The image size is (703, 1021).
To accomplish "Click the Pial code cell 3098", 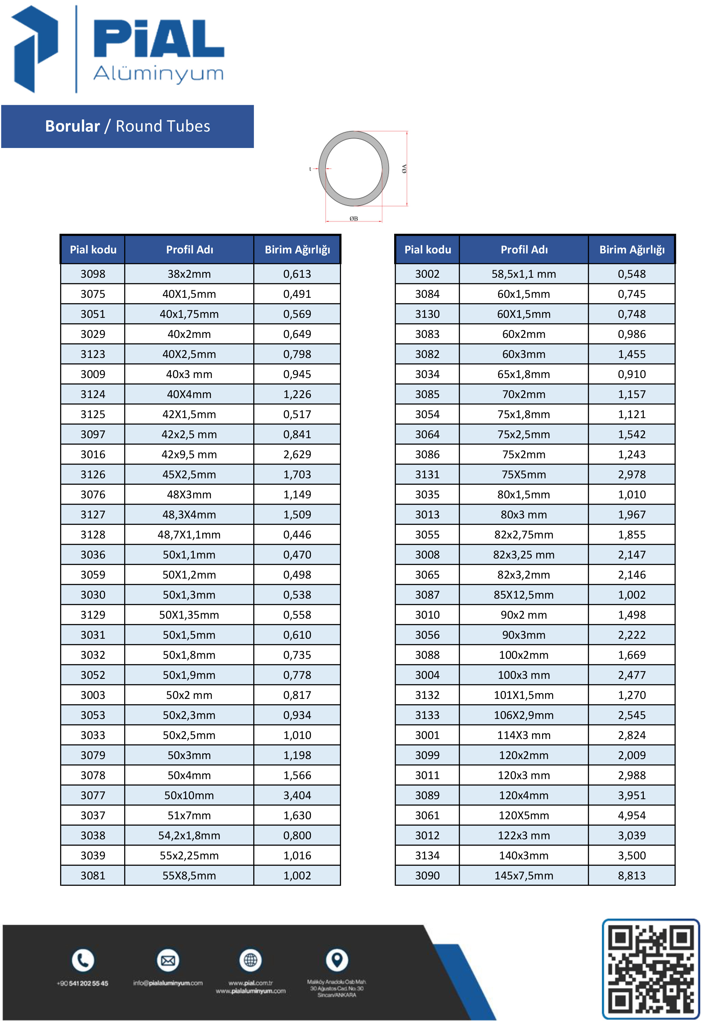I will tap(93, 274).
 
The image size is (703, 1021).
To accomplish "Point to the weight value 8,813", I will tap(631, 875).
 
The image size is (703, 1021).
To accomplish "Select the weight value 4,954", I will tap(631, 815).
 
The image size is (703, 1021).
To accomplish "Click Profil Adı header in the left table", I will tap(189, 249).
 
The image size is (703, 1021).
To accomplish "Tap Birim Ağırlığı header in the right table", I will tap(632, 249).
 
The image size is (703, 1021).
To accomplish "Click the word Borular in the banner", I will tap(73, 126).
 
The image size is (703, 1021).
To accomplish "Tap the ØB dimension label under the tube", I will tap(354, 218).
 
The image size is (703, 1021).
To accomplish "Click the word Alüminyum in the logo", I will tap(159, 74).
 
